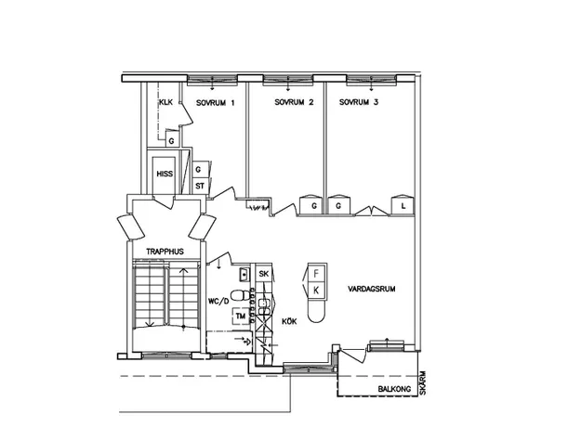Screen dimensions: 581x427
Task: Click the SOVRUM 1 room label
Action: (215, 103)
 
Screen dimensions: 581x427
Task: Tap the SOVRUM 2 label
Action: (294, 102)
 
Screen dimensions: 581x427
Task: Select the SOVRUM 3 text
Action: (359, 102)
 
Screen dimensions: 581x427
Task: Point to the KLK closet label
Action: (165, 102)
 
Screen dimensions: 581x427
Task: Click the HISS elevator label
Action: (165, 174)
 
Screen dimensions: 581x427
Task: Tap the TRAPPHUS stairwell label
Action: (165, 252)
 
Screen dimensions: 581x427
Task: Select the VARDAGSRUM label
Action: (371, 289)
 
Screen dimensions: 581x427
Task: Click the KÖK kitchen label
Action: (289, 321)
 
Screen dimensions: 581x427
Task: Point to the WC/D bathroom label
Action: (218, 302)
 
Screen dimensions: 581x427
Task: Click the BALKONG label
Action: (394, 389)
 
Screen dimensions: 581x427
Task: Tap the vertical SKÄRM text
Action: (423, 382)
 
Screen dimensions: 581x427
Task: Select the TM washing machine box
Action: (241, 316)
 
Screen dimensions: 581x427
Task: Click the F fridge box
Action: (316, 274)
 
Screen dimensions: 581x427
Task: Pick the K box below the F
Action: (316, 291)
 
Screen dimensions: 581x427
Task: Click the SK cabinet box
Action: (263, 274)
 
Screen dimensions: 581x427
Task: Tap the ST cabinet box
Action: (200, 186)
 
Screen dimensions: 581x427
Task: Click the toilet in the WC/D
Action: (241, 295)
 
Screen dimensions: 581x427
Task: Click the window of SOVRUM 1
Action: (212, 79)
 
